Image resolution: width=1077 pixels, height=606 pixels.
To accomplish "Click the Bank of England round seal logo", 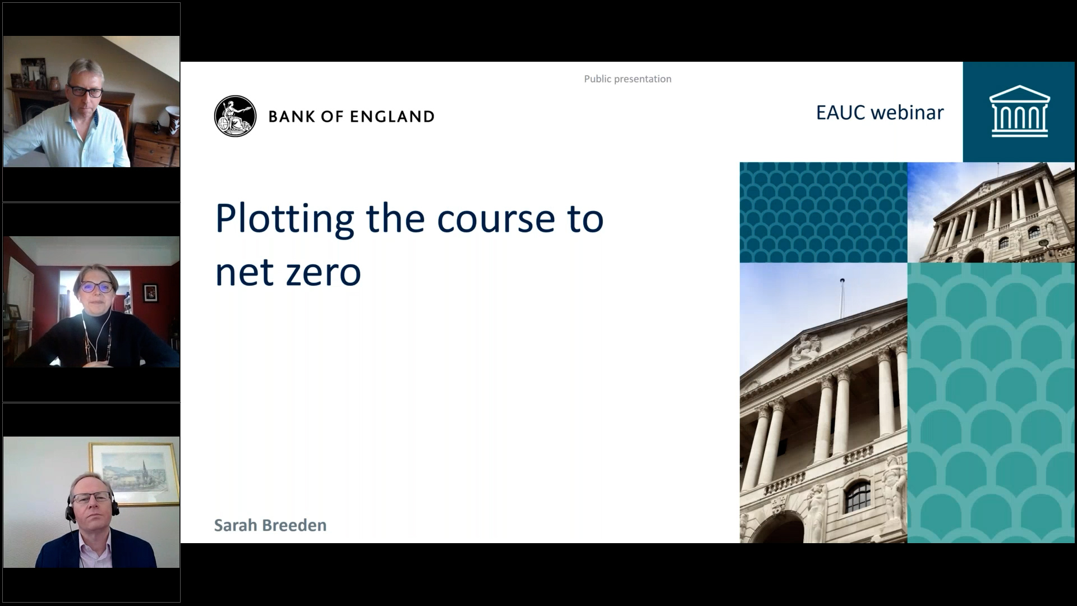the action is click(235, 116).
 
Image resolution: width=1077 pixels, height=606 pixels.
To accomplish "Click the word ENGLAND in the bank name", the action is click(392, 117).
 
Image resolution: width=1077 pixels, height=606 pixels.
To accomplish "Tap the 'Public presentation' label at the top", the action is click(628, 79).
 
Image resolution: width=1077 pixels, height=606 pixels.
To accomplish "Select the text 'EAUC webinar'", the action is click(880, 113).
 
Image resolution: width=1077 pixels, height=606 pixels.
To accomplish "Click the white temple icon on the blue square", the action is click(1019, 111).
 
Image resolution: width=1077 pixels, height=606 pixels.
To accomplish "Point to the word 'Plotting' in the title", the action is click(285, 219).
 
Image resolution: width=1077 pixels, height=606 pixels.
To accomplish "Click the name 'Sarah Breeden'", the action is click(270, 525).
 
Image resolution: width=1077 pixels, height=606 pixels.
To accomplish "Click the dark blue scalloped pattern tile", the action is click(823, 213).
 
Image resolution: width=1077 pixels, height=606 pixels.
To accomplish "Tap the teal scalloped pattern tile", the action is click(991, 403).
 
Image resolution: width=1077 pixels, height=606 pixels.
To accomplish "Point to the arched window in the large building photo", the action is click(858, 497).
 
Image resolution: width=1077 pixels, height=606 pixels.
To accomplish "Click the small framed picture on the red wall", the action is click(150, 292).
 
